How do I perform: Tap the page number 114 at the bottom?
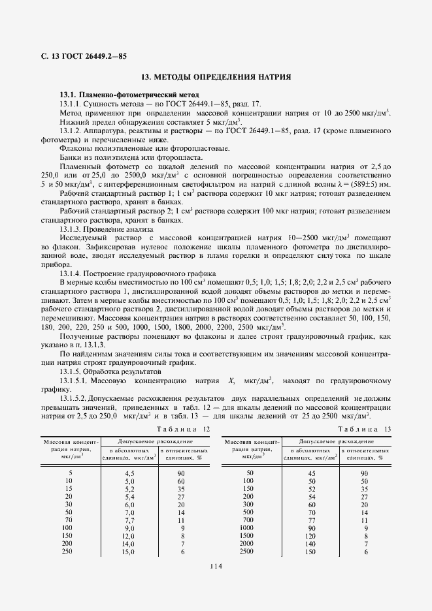click(x=217, y=566)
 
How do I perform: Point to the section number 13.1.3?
click(x=73, y=230)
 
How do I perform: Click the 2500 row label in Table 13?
click(x=246, y=552)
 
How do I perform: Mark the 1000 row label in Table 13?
click(x=246, y=527)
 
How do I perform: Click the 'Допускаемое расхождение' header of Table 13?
click(x=335, y=441)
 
